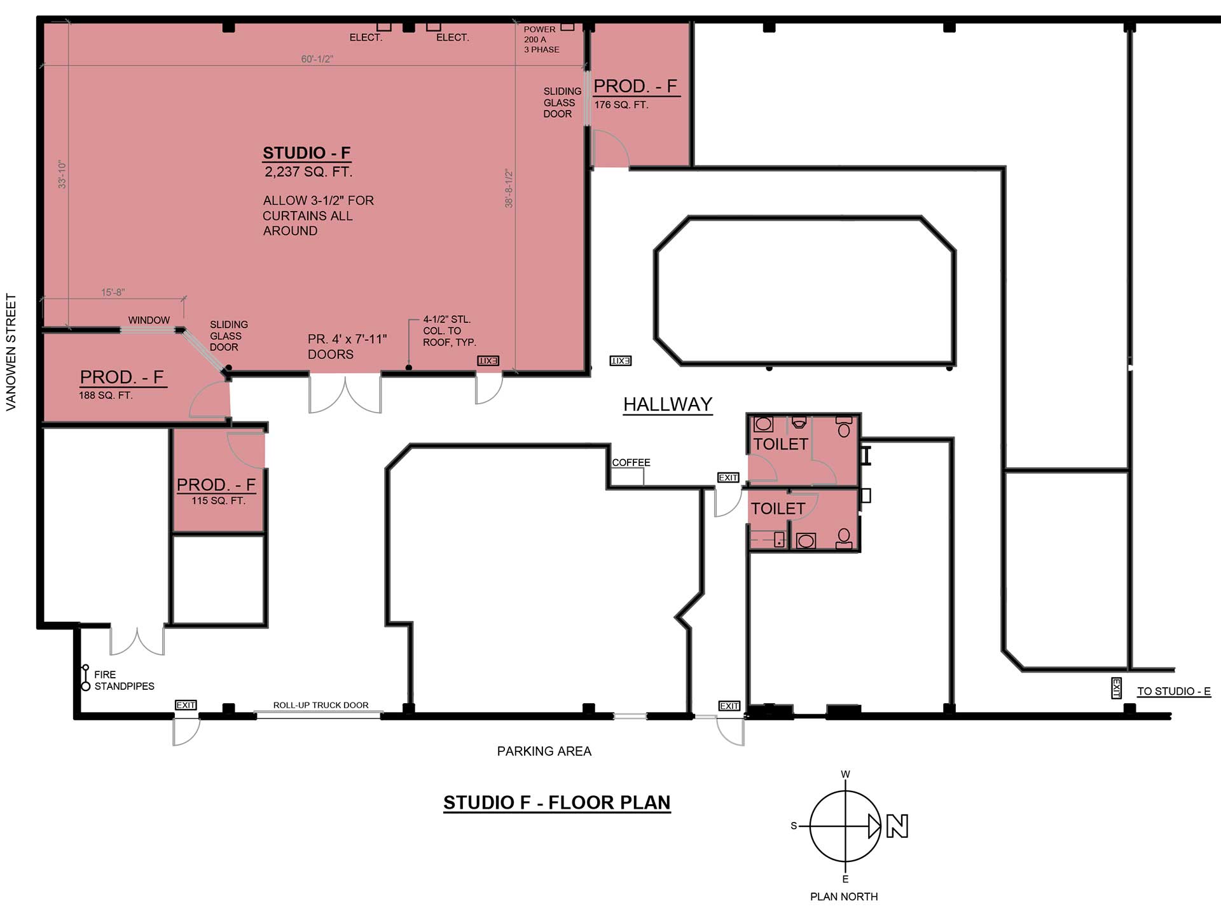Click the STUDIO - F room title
307,153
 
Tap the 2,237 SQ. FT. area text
308,172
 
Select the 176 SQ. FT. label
621,105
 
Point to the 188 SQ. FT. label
106,395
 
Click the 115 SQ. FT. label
218,501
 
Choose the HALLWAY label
668,404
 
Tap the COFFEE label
631,463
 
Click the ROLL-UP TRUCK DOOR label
321,705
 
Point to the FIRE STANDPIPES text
124,680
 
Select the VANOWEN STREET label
11,352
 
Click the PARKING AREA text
544,751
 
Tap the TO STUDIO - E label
1174,691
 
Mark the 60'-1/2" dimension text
317,59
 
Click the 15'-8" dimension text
113,292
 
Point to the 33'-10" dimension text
62,174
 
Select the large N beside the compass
897,826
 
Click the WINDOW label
149,320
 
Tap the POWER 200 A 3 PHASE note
541,39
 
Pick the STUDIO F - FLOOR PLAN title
557,803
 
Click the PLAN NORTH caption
844,897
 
